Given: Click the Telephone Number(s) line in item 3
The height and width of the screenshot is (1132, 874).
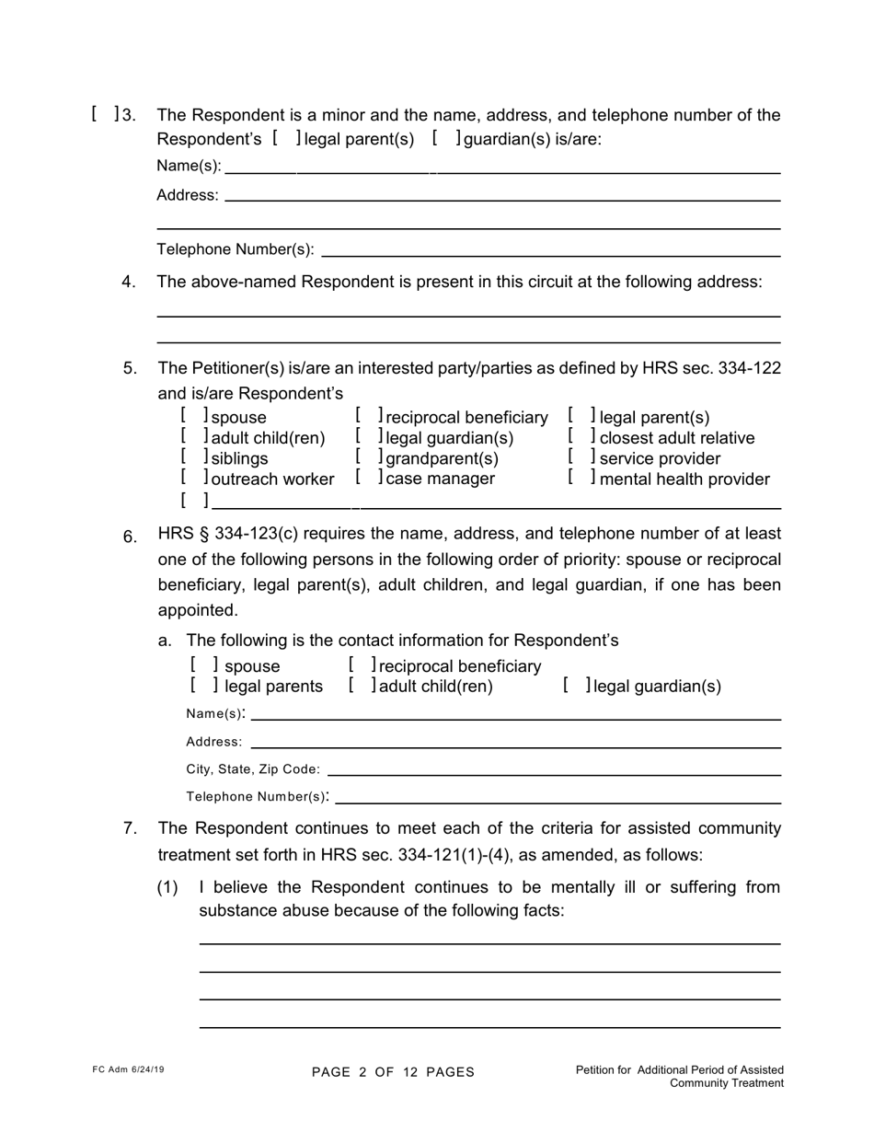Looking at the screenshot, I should point(550,249).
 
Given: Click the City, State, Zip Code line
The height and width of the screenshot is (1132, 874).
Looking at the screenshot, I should point(554,769).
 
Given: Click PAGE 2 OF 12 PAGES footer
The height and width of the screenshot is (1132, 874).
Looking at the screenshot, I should point(393,1072).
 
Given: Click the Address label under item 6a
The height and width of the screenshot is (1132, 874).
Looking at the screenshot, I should point(213,742).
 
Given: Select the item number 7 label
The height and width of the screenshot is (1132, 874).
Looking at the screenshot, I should point(130,828).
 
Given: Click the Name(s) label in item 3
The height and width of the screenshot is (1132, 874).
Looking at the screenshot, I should point(189,166).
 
